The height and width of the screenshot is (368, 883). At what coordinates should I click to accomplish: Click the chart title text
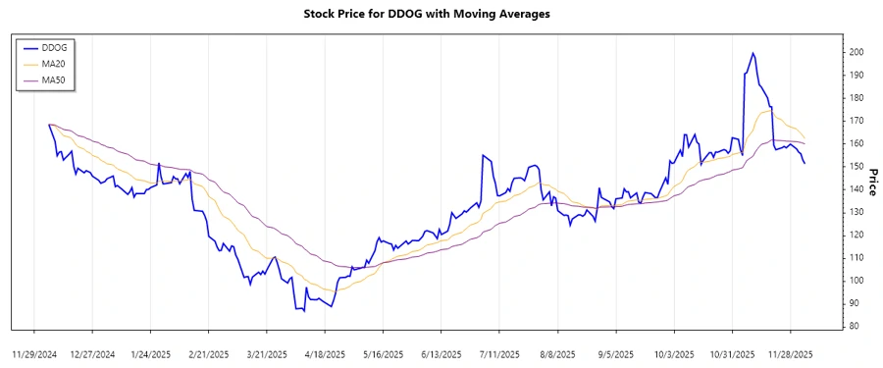click(441, 15)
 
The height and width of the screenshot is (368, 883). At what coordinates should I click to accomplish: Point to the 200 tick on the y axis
click(857, 52)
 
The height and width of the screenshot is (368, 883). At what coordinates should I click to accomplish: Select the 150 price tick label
click(857, 166)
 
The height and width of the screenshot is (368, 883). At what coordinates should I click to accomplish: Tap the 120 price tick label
click(857, 235)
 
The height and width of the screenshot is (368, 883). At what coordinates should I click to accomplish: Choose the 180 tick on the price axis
click(857, 98)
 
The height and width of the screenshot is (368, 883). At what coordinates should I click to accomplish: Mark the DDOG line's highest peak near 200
click(753, 53)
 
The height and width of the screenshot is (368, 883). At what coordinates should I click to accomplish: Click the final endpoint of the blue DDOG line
click(805, 163)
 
